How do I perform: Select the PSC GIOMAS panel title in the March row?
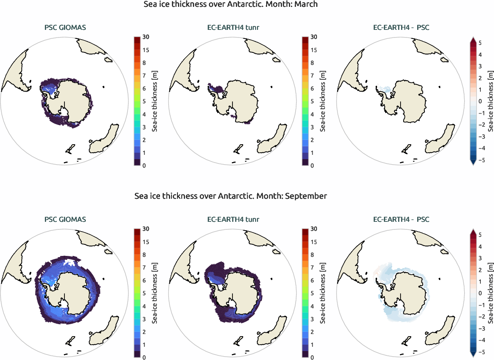tap(65, 28)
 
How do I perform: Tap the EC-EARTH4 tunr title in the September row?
tap(233, 220)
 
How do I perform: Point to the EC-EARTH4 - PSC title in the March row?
tap(401, 28)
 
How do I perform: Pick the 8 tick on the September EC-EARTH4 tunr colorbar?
tap(314, 255)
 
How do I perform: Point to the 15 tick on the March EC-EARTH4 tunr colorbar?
tap(314, 50)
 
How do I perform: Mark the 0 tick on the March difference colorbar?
tap(480, 102)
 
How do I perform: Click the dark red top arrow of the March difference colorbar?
tap(473, 40)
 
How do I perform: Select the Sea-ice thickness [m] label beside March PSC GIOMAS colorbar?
tap(155, 102)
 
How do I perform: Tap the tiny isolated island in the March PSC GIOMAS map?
tap(104, 87)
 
